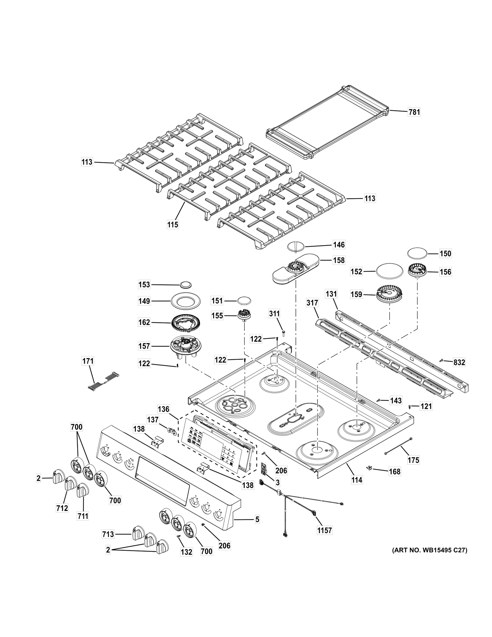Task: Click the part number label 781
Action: coord(414,112)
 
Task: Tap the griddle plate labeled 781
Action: coord(327,123)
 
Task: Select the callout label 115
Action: coord(173,225)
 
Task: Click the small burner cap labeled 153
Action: coord(186,285)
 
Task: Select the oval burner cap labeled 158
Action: coord(296,268)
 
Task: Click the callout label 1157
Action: coord(325,530)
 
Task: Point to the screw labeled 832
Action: coord(441,360)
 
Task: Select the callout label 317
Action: coord(312,303)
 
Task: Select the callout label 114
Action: coord(357,480)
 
